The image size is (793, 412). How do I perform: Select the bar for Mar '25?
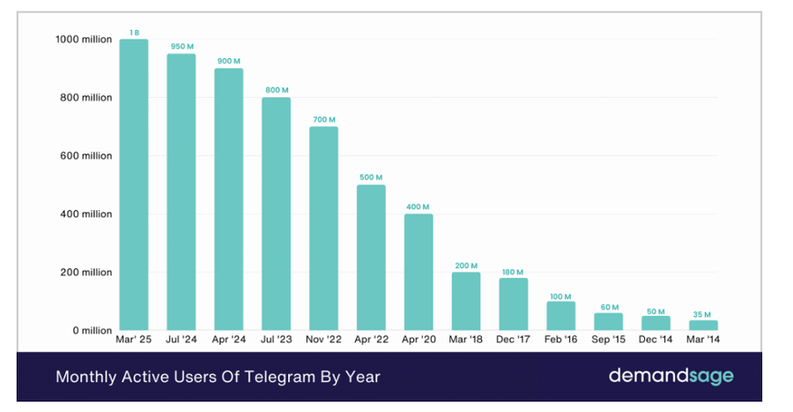coord(134,185)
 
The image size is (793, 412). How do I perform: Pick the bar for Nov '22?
coord(323,228)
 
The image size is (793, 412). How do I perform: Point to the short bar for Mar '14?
coord(703,326)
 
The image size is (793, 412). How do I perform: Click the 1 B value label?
coord(134,33)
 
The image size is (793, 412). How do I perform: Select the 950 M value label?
coord(182,47)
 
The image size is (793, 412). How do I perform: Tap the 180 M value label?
coord(514,272)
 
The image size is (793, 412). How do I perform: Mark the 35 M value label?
coord(703,313)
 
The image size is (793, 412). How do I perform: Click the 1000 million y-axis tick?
coord(83,40)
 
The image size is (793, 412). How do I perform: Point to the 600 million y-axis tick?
coord(86,156)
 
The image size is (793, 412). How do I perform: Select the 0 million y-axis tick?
coord(93,331)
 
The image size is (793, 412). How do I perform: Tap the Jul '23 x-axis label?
coord(277,340)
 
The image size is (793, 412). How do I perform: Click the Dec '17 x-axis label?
coord(514,340)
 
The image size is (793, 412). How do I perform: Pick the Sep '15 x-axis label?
coord(608,340)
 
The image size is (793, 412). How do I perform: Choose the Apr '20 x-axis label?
coord(419,340)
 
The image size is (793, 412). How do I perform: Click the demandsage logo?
coord(670,377)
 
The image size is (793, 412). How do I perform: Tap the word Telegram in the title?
coord(281,377)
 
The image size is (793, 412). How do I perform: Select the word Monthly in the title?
coord(86,377)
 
